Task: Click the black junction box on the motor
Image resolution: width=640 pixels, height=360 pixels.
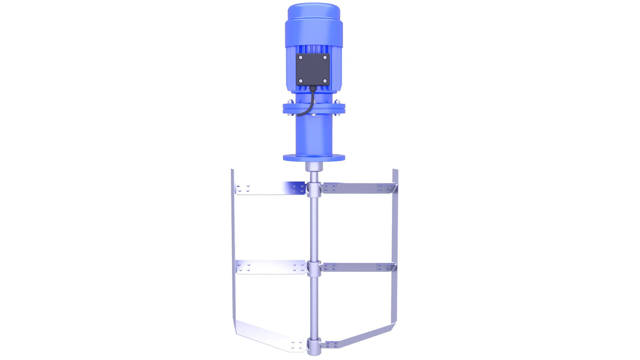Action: (x=313, y=69)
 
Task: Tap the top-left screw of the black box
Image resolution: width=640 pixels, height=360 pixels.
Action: (x=301, y=58)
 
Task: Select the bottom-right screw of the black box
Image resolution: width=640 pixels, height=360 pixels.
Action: (x=325, y=81)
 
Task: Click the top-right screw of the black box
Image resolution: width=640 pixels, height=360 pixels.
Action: (x=325, y=58)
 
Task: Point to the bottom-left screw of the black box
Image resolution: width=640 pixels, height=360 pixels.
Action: (x=301, y=81)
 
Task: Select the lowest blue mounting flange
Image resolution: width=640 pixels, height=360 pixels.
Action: (x=314, y=157)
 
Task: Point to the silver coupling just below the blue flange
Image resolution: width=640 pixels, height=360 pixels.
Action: (x=314, y=166)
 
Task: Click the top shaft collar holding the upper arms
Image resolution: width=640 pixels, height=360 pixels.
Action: (x=314, y=189)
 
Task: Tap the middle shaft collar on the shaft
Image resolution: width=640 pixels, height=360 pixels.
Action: (x=314, y=267)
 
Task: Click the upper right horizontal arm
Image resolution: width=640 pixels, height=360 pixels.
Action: (x=357, y=188)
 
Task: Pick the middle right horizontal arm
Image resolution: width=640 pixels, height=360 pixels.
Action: (x=357, y=267)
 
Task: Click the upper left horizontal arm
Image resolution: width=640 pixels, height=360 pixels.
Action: (x=270, y=188)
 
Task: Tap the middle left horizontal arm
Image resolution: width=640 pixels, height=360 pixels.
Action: (x=270, y=267)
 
